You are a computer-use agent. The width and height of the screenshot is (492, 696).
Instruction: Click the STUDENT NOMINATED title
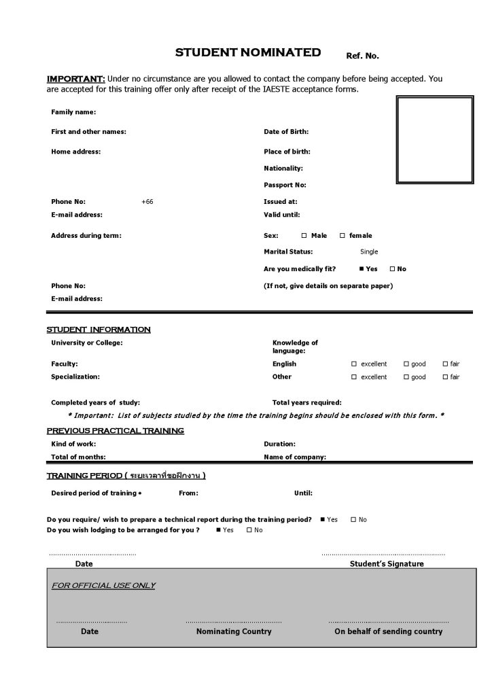point(247,52)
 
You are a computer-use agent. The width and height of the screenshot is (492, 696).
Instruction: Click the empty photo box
point(434,140)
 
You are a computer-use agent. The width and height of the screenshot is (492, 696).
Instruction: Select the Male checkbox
point(304,236)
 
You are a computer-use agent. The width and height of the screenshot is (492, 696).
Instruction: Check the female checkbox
point(342,236)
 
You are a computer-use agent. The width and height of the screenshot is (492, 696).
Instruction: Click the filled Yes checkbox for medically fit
point(362,269)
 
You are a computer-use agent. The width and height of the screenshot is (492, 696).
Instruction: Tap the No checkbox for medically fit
point(392,269)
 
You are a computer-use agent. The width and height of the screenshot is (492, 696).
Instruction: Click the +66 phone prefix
point(147,202)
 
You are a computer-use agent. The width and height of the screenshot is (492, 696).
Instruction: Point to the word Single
point(369,252)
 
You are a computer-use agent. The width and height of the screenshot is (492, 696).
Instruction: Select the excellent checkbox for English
point(354,364)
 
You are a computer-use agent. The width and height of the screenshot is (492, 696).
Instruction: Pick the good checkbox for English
point(406,364)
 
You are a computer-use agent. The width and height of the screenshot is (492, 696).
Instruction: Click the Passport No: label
point(285,185)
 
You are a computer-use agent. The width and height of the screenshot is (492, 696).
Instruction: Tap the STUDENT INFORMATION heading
point(99,330)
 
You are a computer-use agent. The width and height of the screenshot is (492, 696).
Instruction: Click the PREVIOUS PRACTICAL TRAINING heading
point(115,431)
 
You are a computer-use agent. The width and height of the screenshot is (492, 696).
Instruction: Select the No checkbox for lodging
point(249,530)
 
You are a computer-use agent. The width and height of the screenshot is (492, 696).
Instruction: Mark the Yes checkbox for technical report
point(322,520)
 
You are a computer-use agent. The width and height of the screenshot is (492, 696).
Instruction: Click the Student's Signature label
point(386,564)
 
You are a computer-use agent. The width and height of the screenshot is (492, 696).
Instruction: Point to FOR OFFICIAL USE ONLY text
point(103,586)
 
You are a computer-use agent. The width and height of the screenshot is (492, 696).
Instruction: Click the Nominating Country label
point(233,632)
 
